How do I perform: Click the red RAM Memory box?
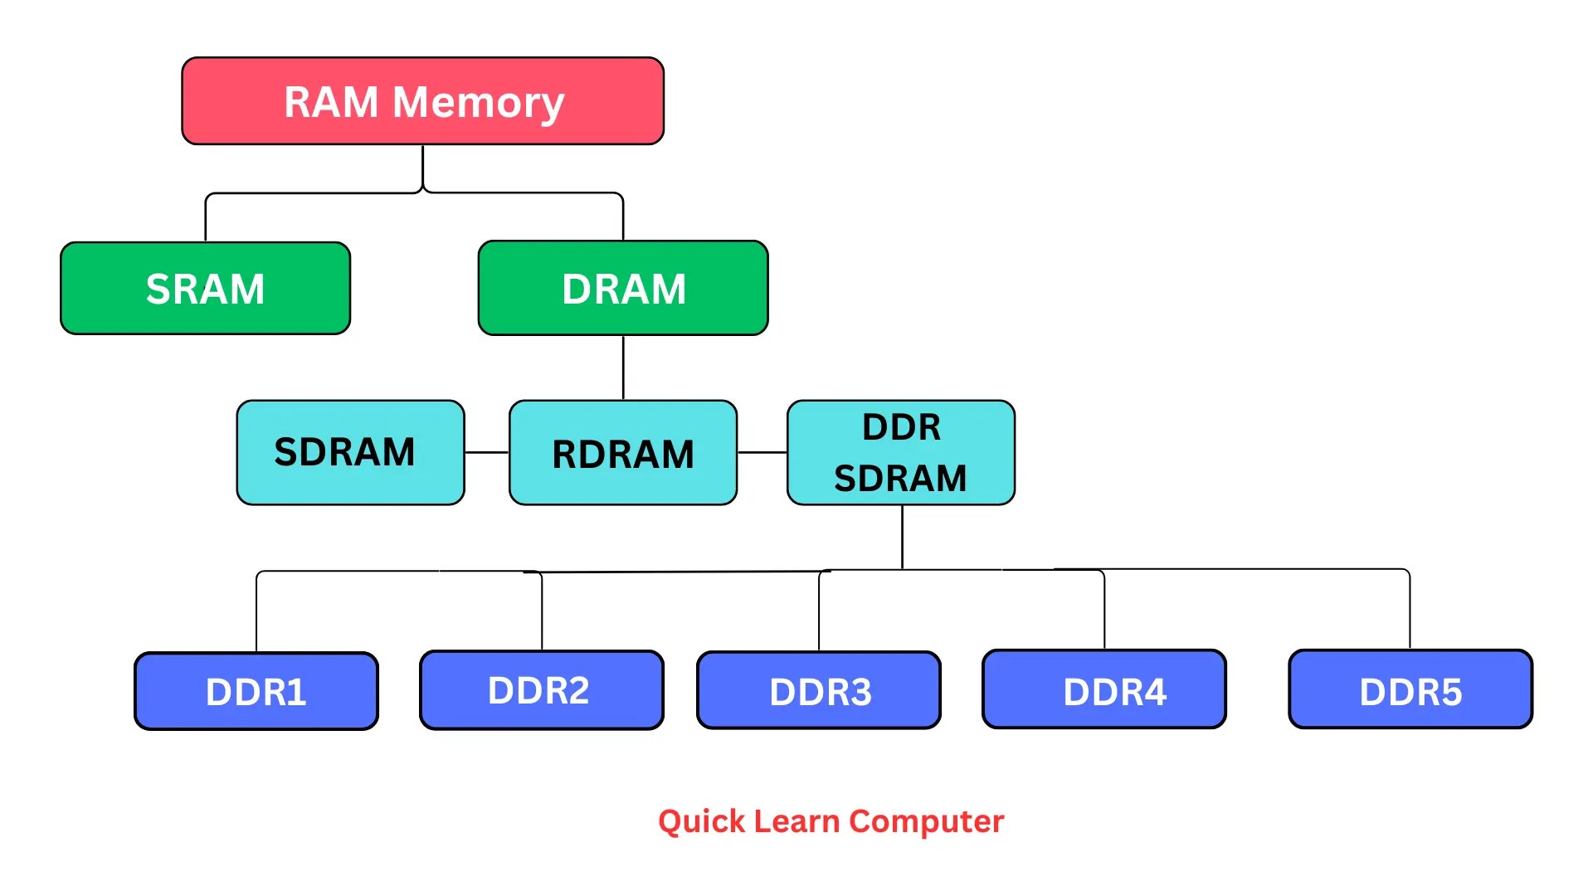(x=422, y=101)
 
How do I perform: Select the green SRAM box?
(x=205, y=288)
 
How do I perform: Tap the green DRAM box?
(x=623, y=288)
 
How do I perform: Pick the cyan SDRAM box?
(x=350, y=452)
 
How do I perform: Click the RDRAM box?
(x=623, y=453)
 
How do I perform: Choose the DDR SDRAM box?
(x=900, y=452)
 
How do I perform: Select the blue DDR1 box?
(x=256, y=691)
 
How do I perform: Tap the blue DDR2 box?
(x=541, y=689)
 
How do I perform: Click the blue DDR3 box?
(x=819, y=690)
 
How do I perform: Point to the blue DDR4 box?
(x=1103, y=689)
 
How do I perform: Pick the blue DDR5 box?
(x=1410, y=689)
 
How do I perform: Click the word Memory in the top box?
(x=478, y=103)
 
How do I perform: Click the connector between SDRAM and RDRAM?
(x=486, y=452)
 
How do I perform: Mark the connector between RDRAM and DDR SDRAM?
(x=762, y=452)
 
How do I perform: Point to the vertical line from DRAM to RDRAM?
(x=623, y=368)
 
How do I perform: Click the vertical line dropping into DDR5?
(x=1410, y=610)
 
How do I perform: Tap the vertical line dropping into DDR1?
(x=256, y=612)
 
